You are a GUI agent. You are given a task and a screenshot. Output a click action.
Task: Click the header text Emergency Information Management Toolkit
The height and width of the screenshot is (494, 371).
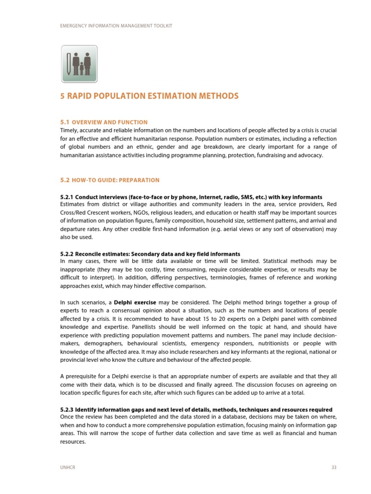coord(116,26)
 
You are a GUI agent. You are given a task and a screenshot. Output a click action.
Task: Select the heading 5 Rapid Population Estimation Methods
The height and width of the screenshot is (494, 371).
coord(149,96)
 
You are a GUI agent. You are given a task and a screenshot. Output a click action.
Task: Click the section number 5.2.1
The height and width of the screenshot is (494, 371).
coord(66,197)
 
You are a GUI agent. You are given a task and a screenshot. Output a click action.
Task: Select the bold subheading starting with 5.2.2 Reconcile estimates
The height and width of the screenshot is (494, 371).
coord(150,254)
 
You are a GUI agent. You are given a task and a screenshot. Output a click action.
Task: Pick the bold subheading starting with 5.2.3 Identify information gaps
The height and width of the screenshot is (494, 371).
coord(196,410)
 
